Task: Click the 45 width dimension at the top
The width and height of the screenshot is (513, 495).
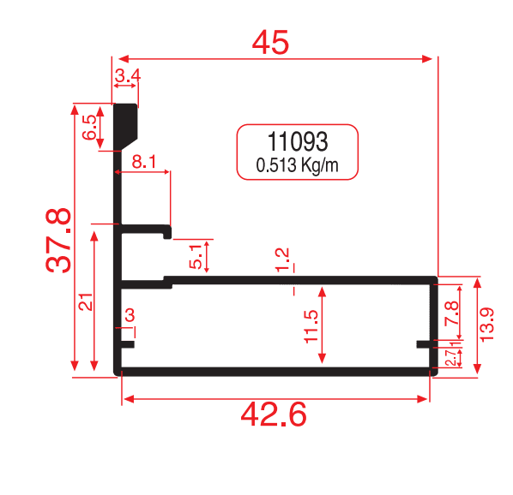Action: point(270,43)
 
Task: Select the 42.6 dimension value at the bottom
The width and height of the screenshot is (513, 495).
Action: point(274,414)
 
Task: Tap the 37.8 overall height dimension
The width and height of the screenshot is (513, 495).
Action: point(58,241)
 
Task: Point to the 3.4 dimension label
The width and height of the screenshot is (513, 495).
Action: point(128,75)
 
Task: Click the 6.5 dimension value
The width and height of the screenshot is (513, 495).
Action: point(89,128)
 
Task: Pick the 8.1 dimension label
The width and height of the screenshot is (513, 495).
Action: point(144,161)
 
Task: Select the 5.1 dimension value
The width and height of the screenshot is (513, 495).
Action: point(196,257)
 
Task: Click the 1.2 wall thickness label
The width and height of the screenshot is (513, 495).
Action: point(282,259)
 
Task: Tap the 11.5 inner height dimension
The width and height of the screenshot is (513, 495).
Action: point(311,326)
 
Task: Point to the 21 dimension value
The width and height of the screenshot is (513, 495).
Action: point(86,302)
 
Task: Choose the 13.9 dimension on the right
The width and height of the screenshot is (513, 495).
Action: point(486,325)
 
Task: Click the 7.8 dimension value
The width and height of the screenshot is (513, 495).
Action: point(452,313)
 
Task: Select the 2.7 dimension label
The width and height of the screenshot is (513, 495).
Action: point(450,358)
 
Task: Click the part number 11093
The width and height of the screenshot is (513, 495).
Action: point(298,141)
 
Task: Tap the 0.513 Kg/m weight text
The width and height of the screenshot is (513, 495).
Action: point(297,165)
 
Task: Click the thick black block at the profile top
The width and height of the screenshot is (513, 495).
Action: point(125,127)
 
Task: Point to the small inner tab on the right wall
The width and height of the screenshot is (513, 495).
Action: point(424,344)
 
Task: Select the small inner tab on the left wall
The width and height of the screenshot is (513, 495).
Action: point(128,344)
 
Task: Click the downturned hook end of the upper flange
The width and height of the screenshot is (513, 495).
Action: point(167,233)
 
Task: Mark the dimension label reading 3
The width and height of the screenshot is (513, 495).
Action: point(130,315)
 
